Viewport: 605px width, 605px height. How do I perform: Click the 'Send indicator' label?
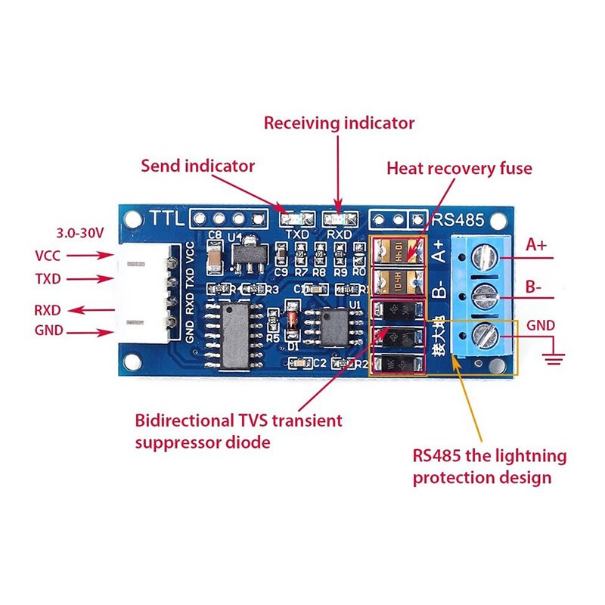click(x=198, y=166)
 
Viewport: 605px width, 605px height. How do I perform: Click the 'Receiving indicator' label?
click(x=339, y=123)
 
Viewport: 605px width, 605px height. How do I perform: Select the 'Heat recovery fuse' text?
click(x=459, y=168)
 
